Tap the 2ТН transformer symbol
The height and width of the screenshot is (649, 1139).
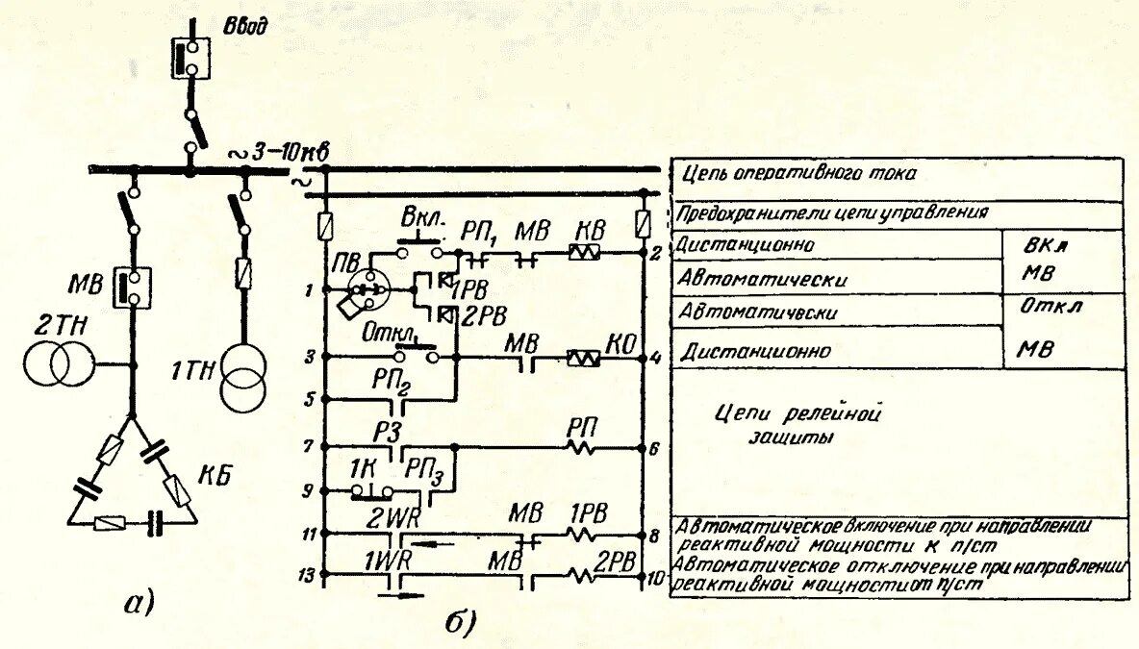coord(60,364)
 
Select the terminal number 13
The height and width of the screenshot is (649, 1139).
coord(306,575)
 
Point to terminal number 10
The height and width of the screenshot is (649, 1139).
coord(656,578)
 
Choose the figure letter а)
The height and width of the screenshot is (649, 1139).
coord(139,603)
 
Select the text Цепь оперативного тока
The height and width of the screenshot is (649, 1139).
coord(799,174)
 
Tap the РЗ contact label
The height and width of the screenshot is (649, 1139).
coord(388,433)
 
